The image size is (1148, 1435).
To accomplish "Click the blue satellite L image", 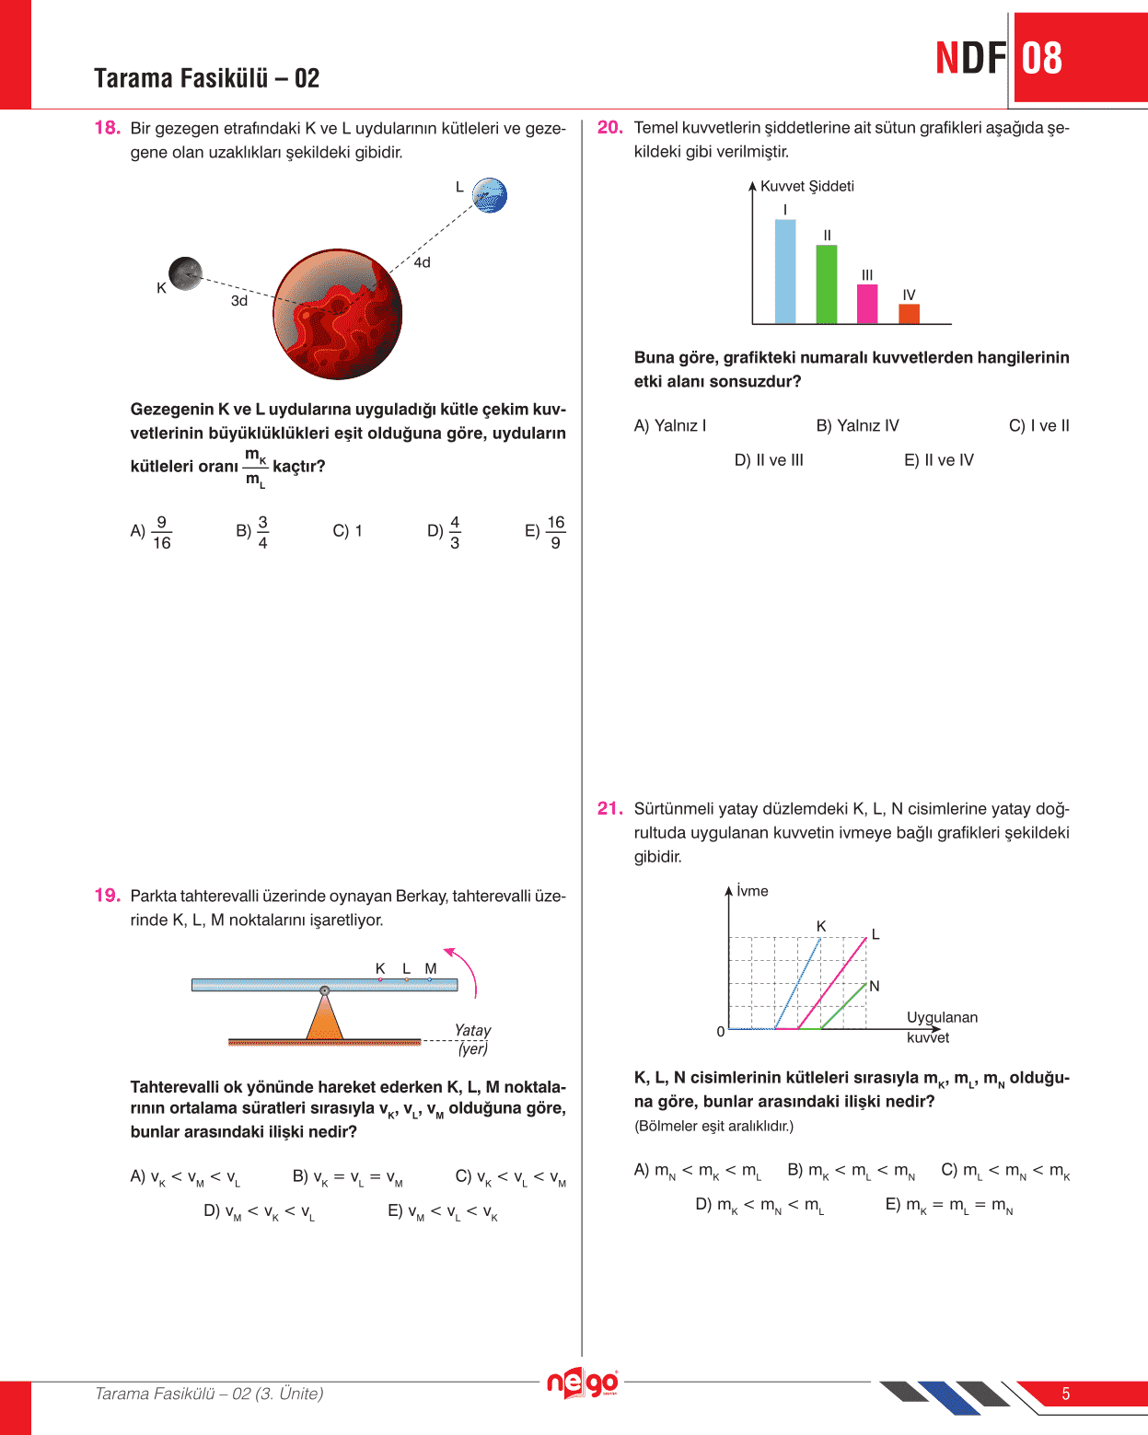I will [x=490, y=195].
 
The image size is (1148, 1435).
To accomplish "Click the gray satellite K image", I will [x=185, y=273].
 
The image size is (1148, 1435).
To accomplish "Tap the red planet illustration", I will [x=338, y=314].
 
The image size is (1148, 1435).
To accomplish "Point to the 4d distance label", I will [x=422, y=263].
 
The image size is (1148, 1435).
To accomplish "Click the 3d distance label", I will [x=239, y=301].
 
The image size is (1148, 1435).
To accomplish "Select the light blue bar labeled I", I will [x=785, y=272].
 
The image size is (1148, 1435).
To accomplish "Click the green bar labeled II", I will [x=827, y=284].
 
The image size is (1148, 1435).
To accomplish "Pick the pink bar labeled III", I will [x=867, y=304].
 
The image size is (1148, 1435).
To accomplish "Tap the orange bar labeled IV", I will [x=909, y=313].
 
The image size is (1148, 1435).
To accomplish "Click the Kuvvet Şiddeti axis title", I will [x=807, y=186].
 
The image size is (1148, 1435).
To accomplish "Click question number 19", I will [x=107, y=896].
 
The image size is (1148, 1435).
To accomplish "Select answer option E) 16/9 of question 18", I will [x=546, y=532].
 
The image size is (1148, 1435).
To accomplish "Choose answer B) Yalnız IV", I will [x=857, y=425].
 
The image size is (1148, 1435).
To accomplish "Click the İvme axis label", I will [x=752, y=891].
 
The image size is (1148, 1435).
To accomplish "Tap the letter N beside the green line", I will [x=875, y=986].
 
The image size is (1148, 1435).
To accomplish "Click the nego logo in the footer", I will [x=582, y=1383].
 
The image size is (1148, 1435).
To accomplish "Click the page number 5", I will [x=1066, y=1394].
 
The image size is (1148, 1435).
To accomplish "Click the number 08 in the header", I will [x=1042, y=58].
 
